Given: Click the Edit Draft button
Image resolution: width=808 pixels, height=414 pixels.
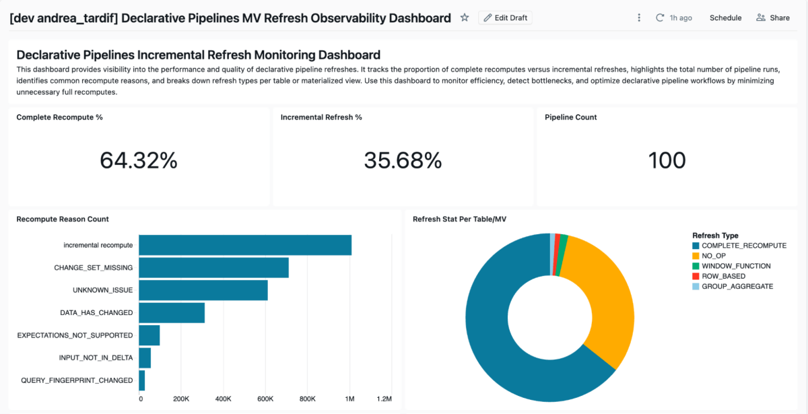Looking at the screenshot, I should point(505,18).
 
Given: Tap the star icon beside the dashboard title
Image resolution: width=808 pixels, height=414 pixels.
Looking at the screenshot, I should point(465,18).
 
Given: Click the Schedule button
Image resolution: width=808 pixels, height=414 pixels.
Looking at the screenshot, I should point(725,18).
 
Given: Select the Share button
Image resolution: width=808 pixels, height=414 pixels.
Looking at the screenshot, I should point(773,18).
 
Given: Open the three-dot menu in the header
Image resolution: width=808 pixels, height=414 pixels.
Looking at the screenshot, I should point(638,18).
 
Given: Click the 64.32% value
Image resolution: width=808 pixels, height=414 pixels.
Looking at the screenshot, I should point(139,160).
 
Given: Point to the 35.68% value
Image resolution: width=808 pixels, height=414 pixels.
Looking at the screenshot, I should point(403,160).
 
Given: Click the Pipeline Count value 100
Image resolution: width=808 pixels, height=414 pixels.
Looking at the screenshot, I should point(667,160).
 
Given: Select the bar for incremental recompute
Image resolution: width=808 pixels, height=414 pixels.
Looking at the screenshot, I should point(245,245).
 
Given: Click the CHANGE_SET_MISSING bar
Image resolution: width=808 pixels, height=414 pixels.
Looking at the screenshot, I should point(213,267).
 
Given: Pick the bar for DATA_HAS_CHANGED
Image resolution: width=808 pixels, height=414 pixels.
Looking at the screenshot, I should point(172,313).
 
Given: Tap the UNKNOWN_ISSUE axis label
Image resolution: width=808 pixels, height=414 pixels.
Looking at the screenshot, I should point(102,290).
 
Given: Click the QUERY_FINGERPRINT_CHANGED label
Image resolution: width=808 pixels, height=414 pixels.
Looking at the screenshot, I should point(77,380).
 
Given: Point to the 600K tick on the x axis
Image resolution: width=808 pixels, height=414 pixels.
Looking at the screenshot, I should point(265,399).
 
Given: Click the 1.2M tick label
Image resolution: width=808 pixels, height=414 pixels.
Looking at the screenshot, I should point(384,399).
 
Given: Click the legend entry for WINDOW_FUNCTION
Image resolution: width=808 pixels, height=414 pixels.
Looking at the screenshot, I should point(735,266).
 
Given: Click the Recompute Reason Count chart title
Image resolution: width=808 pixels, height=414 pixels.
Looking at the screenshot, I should point(63,219).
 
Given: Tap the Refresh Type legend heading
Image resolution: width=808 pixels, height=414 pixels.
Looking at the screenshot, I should point(715,236).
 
